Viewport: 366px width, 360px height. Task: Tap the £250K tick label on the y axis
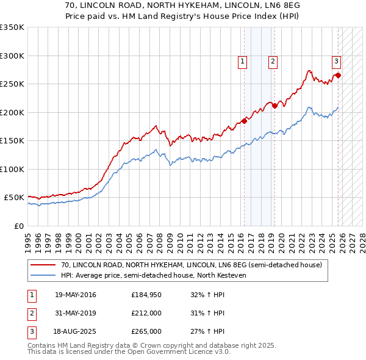coord(12,84)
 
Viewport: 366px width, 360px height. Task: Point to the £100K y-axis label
coord(12,169)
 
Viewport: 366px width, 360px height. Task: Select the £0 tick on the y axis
coord(18,226)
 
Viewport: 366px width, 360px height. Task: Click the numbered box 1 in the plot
coord(242,61)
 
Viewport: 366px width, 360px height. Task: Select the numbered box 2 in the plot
coord(272,61)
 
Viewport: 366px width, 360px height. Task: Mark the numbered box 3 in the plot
coord(336,61)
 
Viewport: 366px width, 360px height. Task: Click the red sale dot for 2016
coord(244,121)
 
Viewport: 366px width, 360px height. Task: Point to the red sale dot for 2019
coord(274,106)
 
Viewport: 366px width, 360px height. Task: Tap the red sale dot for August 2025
coord(338,76)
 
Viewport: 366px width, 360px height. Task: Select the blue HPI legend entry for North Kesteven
coord(152,275)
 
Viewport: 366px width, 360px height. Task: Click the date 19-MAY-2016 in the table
coord(75,295)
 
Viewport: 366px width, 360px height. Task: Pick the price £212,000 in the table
coord(146,313)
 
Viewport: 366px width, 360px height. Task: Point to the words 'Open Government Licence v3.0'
coord(176,352)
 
